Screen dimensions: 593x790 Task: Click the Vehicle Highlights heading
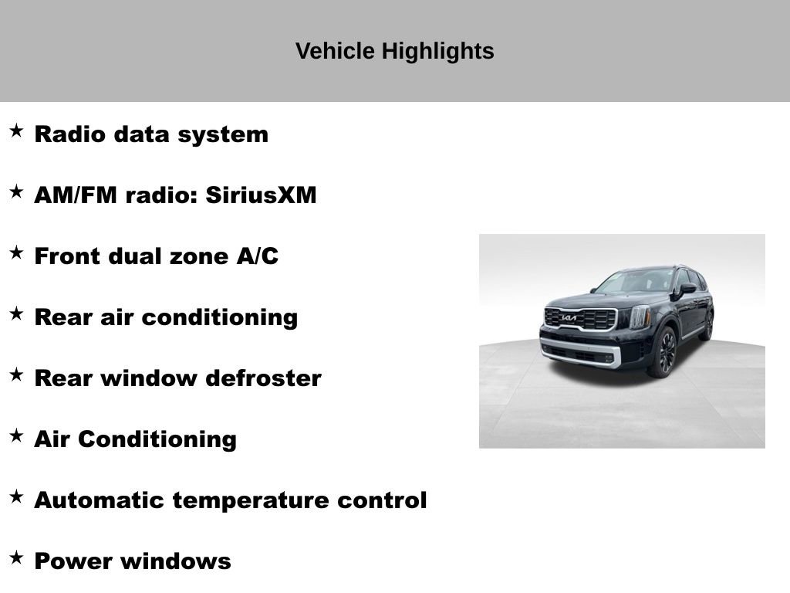coord(394,52)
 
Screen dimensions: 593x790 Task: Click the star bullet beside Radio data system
coord(16,130)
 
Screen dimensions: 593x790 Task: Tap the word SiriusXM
coord(261,195)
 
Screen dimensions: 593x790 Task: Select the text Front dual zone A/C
coord(156,256)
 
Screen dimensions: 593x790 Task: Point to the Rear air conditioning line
coord(166,317)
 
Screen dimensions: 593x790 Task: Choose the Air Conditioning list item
coord(135,439)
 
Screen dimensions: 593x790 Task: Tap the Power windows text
coord(132,561)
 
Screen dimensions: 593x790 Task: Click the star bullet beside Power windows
coord(16,557)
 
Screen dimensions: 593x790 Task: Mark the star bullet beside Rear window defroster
coord(16,374)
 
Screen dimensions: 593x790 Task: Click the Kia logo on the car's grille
coord(569,317)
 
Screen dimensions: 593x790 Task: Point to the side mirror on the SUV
coord(687,289)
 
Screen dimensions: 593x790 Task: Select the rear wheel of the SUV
coord(707,326)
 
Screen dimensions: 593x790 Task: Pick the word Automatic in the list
coord(100,500)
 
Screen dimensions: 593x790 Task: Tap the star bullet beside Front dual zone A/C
coord(16,252)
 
